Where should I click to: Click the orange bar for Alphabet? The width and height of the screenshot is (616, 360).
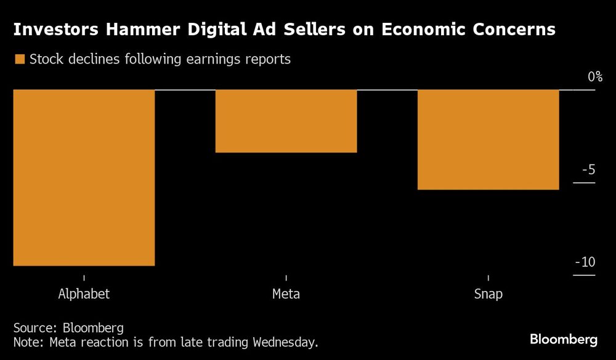pyautogui.click(x=84, y=178)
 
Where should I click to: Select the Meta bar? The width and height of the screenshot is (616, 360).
pyautogui.click(x=286, y=121)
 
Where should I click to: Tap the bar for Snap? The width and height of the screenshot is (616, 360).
pyautogui.click(x=488, y=139)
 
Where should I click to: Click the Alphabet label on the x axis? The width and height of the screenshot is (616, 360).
pyautogui.click(x=84, y=293)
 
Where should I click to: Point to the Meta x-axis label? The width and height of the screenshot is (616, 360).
pyautogui.click(x=286, y=293)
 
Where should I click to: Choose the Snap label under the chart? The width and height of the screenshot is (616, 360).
pyautogui.click(x=488, y=293)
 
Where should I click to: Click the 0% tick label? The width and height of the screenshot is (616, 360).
pyautogui.click(x=594, y=77)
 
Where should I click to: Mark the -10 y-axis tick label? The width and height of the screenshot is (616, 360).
pyautogui.click(x=585, y=263)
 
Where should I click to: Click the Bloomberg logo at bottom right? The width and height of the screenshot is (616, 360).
pyautogui.click(x=564, y=339)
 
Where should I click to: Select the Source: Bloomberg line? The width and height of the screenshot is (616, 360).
pyautogui.click(x=68, y=327)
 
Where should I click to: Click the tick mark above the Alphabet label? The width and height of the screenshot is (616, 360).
pyautogui.click(x=84, y=278)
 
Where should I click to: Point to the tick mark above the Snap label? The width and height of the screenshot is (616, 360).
pyautogui.click(x=488, y=278)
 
